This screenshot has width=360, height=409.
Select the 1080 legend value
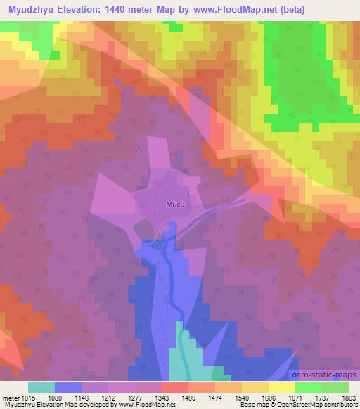56,397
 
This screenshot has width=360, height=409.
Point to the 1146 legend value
82,397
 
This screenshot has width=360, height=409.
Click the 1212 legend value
109,397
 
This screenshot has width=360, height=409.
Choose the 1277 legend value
136,397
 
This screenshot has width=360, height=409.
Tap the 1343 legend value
162,397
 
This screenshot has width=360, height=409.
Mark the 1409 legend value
189,397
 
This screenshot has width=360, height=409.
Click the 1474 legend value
216,397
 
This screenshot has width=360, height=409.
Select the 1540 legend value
243,397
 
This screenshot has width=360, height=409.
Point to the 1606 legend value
269,397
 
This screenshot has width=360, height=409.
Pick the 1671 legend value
296,397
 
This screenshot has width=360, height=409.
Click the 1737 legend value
323,397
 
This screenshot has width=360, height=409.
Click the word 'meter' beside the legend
10,397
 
